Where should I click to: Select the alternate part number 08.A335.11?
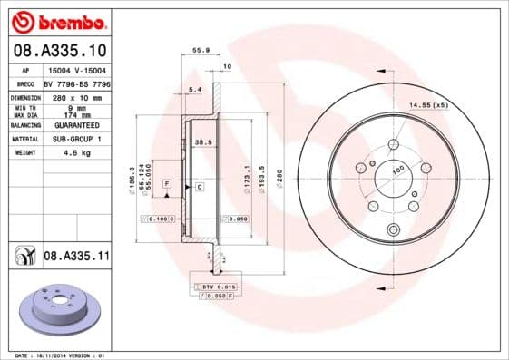tap(76, 258)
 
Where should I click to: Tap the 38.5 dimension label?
tap(203, 142)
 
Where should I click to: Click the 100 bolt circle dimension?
tap(397, 169)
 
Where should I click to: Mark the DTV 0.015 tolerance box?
tap(212, 287)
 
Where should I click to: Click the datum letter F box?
tap(167, 184)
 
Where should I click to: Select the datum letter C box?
tap(199, 187)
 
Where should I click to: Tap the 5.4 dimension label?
tap(193, 89)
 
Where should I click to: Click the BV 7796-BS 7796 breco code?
tap(76, 83)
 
